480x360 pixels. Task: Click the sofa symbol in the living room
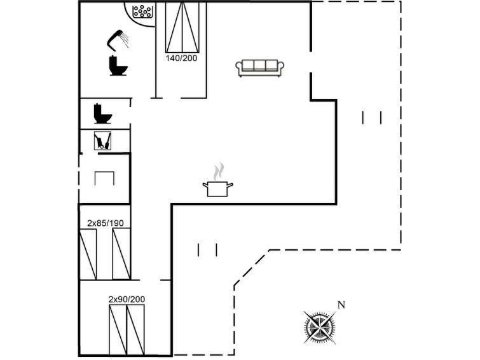[259, 68]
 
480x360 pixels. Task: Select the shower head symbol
[118, 40]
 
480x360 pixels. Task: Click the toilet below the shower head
[118, 66]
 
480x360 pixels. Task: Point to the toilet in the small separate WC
[102, 114]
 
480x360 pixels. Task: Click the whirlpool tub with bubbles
[142, 12]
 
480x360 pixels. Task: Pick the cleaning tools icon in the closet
[102, 141]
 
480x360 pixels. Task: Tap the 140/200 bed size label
[182, 58]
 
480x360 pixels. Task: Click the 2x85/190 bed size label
[106, 223]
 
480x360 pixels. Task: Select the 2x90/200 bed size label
[127, 299]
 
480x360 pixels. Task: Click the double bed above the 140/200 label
[182, 27]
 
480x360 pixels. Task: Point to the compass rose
[320, 327]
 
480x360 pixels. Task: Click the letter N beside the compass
[341, 305]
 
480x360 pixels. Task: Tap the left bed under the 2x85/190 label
[88, 254]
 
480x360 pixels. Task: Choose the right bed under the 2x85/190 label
[121, 254]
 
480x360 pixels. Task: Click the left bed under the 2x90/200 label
[118, 329]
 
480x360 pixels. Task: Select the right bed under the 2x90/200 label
[135, 329]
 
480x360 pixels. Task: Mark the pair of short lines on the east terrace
[372, 118]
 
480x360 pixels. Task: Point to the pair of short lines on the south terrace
[207, 250]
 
